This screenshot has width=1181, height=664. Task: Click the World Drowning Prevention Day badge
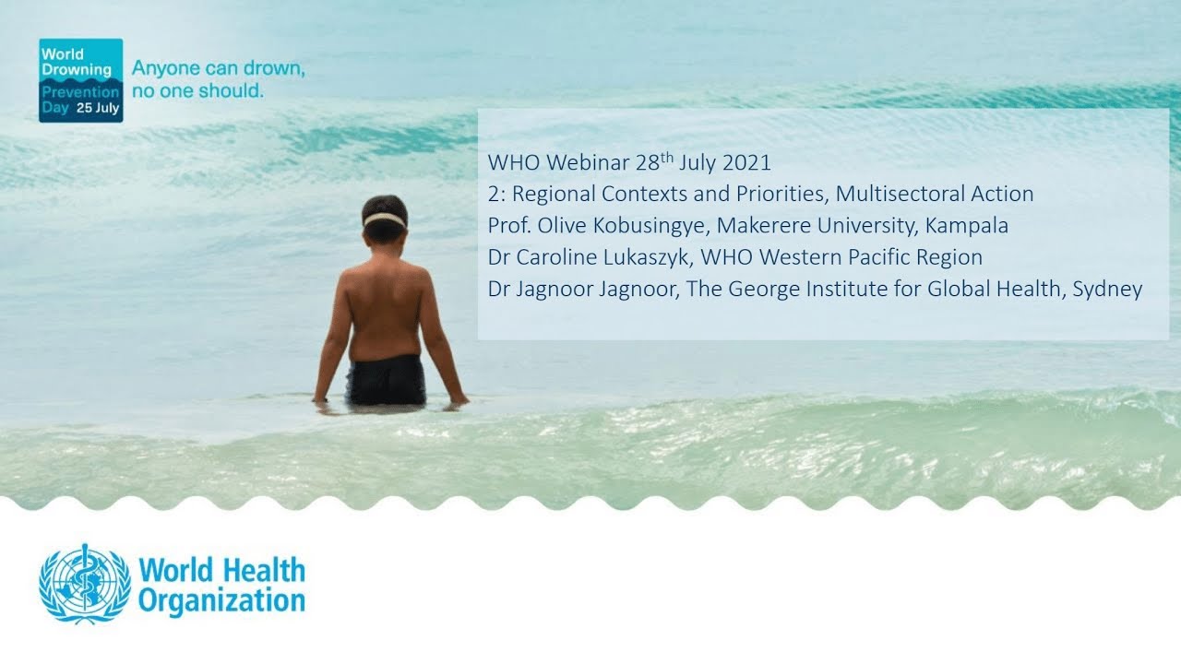[x=80, y=80]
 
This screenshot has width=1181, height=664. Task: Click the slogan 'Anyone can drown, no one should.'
[x=219, y=80]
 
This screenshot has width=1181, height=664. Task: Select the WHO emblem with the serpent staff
[x=84, y=583]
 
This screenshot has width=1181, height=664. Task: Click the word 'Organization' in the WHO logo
[x=221, y=601]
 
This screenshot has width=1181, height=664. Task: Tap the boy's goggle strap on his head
[x=385, y=219]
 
